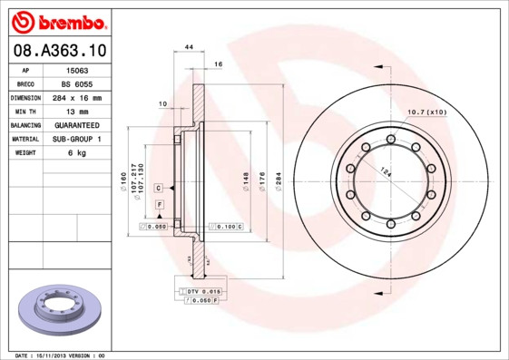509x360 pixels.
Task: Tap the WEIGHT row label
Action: point(25,153)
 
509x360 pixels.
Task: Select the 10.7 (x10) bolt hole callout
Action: point(427,112)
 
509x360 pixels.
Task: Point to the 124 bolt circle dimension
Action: point(386,173)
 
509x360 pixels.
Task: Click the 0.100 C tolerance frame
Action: point(228,225)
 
